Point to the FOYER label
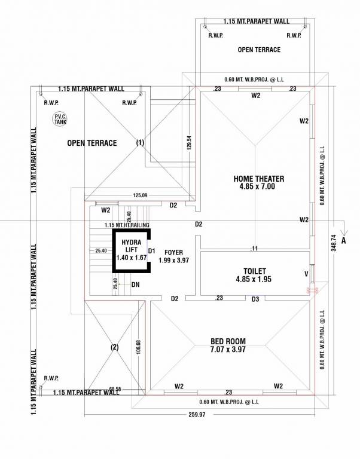[x=173, y=253]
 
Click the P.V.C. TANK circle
[x=60, y=118]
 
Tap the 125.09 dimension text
[x=140, y=195]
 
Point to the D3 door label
[x=255, y=298]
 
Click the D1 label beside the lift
[x=152, y=251]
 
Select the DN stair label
[x=136, y=285]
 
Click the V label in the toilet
[x=306, y=275]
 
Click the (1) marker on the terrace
[x=141, y=143]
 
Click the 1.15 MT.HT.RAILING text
[x=127, y=225]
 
